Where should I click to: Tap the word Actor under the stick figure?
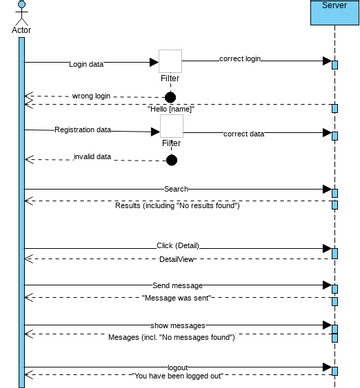(21, 30)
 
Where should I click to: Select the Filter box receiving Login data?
(170, 61)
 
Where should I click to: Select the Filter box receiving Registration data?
(171, 126)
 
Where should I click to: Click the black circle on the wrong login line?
(170, 97)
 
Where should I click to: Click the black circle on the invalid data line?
(171, 160)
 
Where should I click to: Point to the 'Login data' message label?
(86, 63)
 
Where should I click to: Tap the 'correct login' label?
(239, 59)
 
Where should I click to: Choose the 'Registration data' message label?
(83, 129)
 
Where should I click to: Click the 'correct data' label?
(244, 133)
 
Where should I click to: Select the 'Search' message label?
(176, 188)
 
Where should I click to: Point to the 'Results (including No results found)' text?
(177, 205)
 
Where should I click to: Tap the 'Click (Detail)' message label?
(178, 245)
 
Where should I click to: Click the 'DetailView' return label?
(176, 258)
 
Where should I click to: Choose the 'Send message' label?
(177, 285)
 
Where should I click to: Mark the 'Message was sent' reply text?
(177, 298)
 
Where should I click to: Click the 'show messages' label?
(178, 325)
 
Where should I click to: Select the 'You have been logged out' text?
(177, 377)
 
